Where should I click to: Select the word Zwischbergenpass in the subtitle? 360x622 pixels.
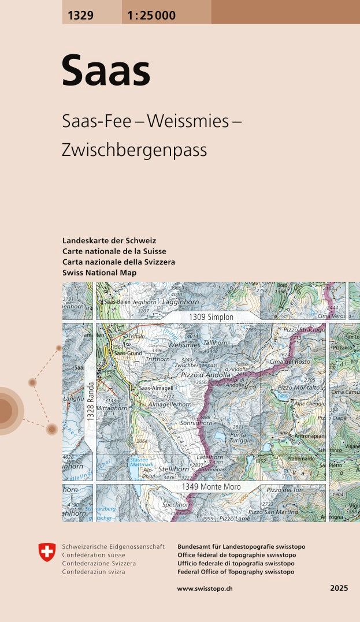[134, 150]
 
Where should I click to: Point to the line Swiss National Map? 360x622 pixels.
[99, 273]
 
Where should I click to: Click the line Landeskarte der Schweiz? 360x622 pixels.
[109, 240]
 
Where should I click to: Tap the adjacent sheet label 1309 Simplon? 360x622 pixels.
[211, 317]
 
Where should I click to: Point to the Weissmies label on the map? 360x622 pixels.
[183, 345]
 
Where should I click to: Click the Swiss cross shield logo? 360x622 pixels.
[47, 552]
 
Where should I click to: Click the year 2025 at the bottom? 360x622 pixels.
[339, 589]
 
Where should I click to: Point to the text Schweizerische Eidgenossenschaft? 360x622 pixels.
[113, 546]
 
